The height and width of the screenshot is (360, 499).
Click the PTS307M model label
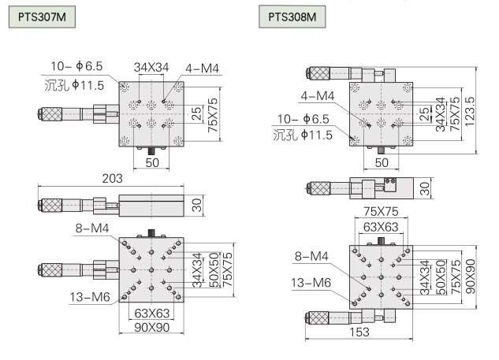(40, 17)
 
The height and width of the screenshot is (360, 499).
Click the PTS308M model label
(296, 17)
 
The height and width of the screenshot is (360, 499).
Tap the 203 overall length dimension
(111, 180)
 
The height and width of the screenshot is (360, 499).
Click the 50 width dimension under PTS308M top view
(382, 162)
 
